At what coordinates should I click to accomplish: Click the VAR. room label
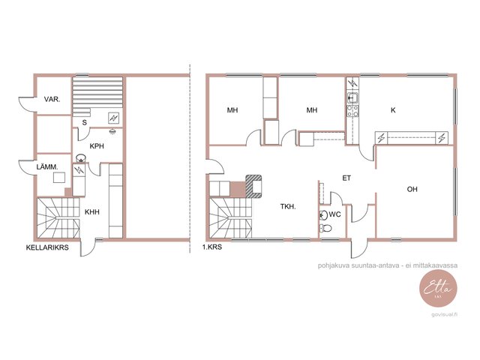pos(52,100)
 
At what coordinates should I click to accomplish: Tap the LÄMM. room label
pos(47,167)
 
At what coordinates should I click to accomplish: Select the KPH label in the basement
pos(97,146)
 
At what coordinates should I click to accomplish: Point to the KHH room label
pos(92,211)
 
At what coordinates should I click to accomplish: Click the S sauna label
pos(85,123)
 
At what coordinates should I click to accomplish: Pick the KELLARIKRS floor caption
pos(47,247)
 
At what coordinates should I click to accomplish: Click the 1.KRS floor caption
pos(212,247)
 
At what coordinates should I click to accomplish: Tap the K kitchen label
pos(393,110)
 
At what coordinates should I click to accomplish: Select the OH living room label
pos(412,189)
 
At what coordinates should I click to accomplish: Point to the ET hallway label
pos(346,178)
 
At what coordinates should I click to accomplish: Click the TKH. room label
pos(288,207)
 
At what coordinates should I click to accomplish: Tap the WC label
pos(334,214)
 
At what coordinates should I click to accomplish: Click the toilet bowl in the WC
pos(325,228)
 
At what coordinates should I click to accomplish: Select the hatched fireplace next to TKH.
pos(253,186)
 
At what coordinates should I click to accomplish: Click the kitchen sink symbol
pos(352,97)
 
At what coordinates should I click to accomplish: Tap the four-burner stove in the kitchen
pos(352,111)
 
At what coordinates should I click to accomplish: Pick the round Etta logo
pos(438,289)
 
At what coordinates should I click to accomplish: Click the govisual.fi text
pos(445,315)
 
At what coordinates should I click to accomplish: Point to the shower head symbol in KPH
pos(113,131)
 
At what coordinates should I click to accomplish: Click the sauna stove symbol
pos(113,118)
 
